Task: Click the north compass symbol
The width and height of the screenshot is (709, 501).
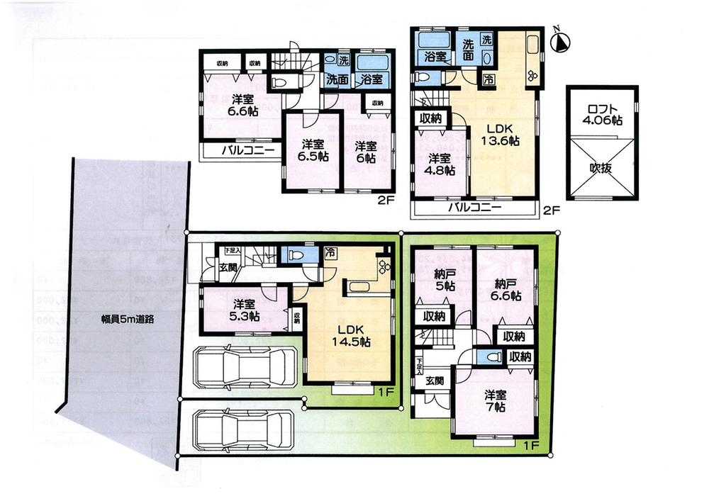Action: point(560,42)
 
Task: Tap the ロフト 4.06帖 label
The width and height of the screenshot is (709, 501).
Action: point(601,116)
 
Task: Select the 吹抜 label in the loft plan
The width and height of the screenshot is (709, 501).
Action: point(601,169)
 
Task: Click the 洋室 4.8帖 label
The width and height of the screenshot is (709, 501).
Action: point(440,164)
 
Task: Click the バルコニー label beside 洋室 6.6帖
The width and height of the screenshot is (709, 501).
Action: point(236,150)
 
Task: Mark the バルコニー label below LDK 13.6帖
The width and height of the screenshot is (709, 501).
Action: point(474,208)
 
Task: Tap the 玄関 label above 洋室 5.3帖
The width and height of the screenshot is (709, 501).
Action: point(228,267)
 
